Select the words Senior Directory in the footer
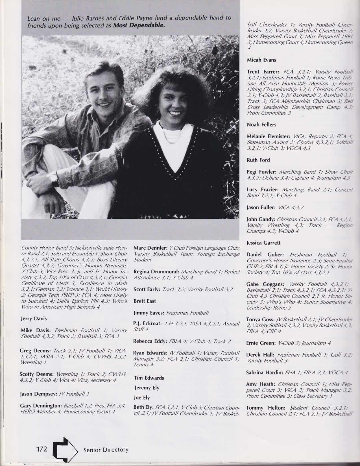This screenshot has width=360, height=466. pos(106,450)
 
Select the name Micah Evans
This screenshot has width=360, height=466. pos(261,60)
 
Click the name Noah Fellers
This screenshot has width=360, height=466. pos(261,124)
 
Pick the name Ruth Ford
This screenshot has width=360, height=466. pos(258,160)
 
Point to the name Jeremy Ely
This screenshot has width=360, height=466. pos(147,388)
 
